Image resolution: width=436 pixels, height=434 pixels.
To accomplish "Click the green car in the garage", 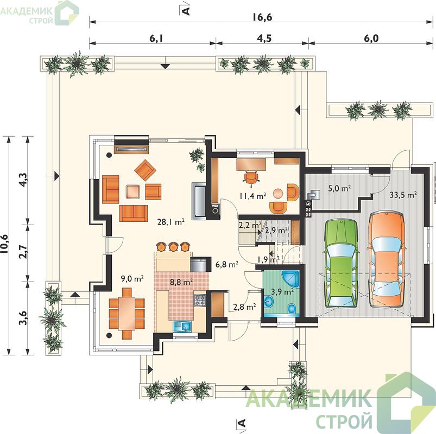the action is point(340,264).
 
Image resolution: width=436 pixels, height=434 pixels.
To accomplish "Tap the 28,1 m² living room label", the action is point(170,222).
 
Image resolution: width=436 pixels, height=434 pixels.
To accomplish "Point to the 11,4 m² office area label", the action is point(252,196).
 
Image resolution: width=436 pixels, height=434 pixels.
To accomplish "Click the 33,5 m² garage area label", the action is point(403,195).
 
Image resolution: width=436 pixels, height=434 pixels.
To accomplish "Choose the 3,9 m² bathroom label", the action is point(282,292).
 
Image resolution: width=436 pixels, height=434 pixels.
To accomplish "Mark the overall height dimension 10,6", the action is point(5,244).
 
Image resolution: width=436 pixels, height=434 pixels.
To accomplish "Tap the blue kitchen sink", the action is point(182,326).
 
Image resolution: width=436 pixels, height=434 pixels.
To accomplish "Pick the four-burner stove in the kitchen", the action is point(199,301).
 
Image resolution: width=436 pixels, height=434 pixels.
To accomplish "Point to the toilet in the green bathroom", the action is point(292,308).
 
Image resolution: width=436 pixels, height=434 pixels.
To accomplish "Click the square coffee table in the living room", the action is point(134,192).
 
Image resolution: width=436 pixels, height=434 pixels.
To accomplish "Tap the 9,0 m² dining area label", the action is point(132,278).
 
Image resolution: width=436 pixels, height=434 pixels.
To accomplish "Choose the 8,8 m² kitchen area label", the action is point(181,282).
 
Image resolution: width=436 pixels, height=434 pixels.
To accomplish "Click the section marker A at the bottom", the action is point(242,423).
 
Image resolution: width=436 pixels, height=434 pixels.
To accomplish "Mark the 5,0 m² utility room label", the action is point(339,188).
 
